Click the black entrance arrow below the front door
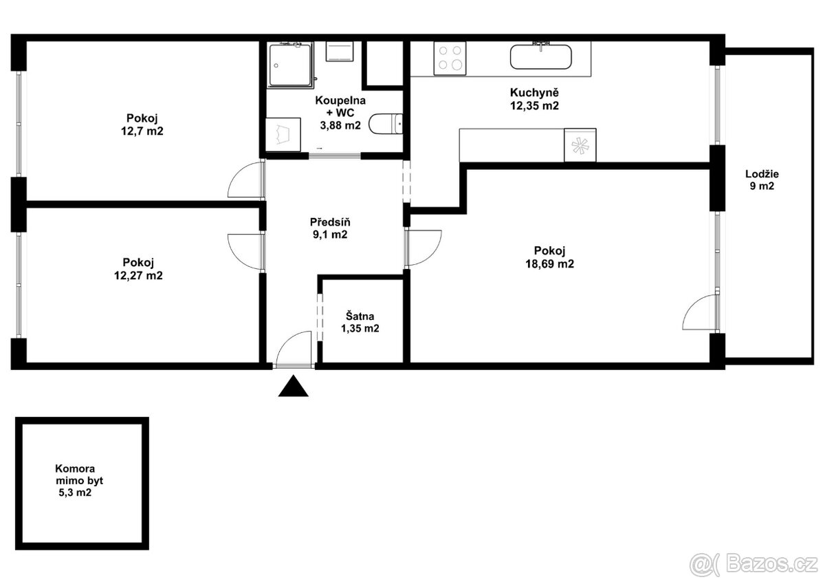coord(294,387)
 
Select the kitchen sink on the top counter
coord(540,56)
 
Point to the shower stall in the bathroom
coord(290,65)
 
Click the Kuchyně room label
coord(533,93)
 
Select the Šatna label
coord(360,316)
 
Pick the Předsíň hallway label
coord(330,222)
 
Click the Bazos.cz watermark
coord(753,564)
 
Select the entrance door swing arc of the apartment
coord(294,347)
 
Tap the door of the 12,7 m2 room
coord(246,180)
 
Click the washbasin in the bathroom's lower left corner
coord(283,133)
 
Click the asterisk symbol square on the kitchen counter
coord(580,145)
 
